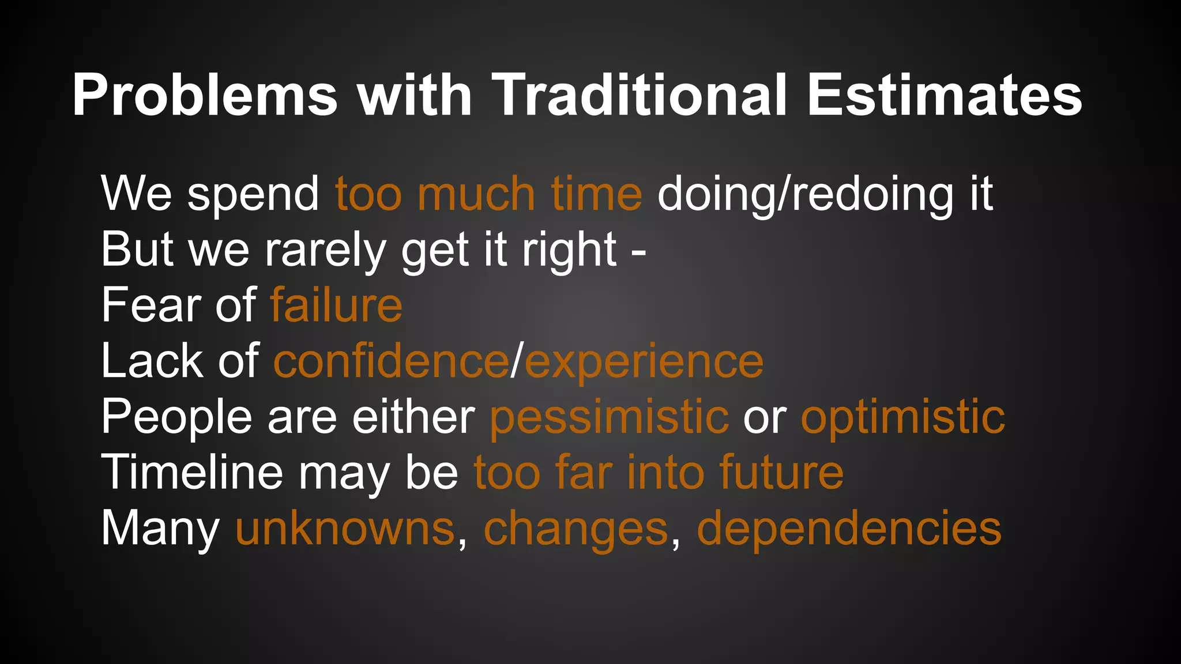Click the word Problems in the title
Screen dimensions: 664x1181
[205, 95]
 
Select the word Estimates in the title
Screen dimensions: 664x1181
[944, 95]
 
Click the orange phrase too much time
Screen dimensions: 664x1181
[488, 194]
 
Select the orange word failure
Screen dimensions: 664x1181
[336, 305]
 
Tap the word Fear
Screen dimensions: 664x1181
[151, 305]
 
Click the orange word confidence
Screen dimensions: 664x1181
[391, 361]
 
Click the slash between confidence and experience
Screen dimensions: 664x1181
[517, 361]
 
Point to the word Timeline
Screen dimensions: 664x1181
[192, 472]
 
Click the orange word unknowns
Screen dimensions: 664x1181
[345, 528]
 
